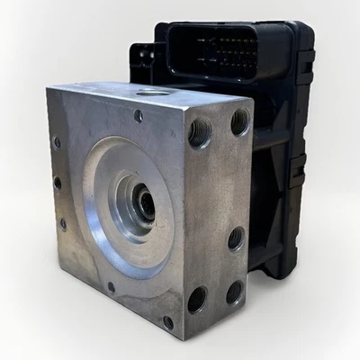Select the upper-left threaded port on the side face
pos(201,132)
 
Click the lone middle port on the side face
pos(236,238)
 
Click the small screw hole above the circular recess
pos(138,116)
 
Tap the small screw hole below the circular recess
pos(111,288)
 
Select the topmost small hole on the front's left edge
pos(57,142)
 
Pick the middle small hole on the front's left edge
pos(58,183)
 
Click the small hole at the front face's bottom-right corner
pos(168,321)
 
